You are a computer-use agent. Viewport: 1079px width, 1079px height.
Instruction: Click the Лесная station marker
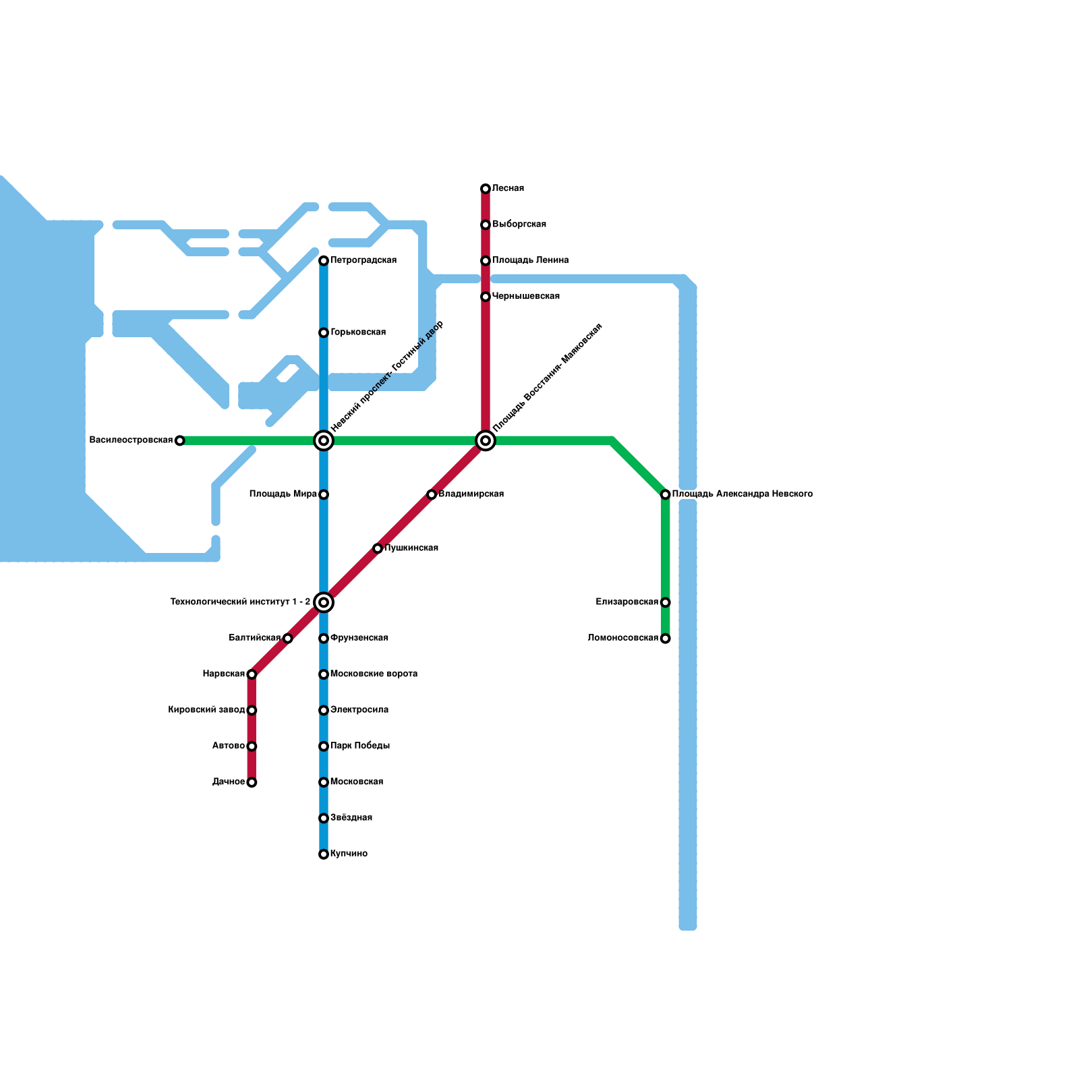[x=486, y=189]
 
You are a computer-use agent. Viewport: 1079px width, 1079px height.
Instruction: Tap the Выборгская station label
[x=519, y=225]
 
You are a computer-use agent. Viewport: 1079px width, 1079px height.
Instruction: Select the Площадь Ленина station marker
[x=486, y=261]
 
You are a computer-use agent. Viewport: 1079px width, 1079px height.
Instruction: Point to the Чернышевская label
[x=525, y=297]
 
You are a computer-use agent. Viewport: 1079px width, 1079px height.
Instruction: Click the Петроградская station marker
[x=324, y=261]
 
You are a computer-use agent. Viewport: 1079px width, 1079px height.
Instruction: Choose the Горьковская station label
[x=357, y=332]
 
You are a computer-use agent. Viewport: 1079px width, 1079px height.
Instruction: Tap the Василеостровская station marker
[x=179, y=441]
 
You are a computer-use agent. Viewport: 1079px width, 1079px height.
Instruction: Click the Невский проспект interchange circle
[x=324, y=441]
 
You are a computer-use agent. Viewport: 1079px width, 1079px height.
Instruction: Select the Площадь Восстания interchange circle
[x=486, y=441]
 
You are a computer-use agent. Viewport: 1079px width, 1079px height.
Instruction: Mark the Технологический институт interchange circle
[x=324, y=602]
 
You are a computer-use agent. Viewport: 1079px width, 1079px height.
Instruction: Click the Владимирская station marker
[x=432, y=495]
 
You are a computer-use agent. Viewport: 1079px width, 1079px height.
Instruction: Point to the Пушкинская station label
[x=411, y=548]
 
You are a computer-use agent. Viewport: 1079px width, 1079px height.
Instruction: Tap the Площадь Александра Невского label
[x=742, y=494]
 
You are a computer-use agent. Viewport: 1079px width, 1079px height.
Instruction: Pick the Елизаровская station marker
[x=666, y=602]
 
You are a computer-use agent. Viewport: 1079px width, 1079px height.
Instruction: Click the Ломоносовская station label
[x=622, y=638]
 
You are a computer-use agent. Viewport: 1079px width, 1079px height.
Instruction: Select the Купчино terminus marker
[x=324, y=854]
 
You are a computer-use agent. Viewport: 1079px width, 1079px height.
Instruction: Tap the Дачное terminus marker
[x=252, y=782]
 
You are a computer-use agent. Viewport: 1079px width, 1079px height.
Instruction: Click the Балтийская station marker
[x=288, y=639]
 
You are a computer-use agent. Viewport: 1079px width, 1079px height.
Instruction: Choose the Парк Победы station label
[x=359, y=746]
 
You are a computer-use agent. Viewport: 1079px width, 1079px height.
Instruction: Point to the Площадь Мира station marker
[x=324, y=495]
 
